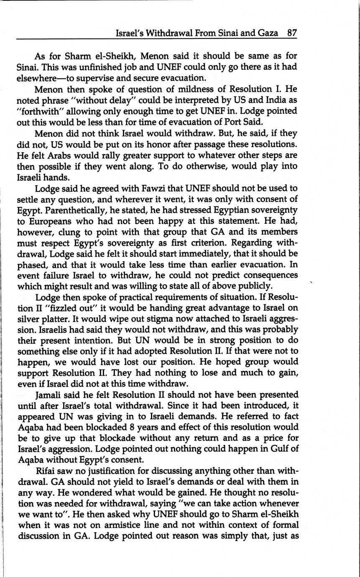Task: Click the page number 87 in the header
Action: pyautogui.click(x=292, y=33)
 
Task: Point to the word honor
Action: pyautogui.click(x=145, y=144)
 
